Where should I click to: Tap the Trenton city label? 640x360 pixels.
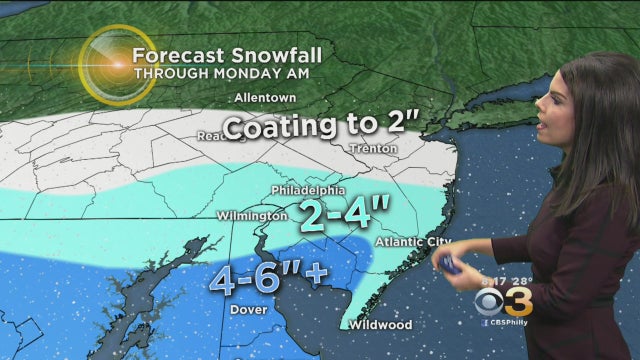pos(375,149)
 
